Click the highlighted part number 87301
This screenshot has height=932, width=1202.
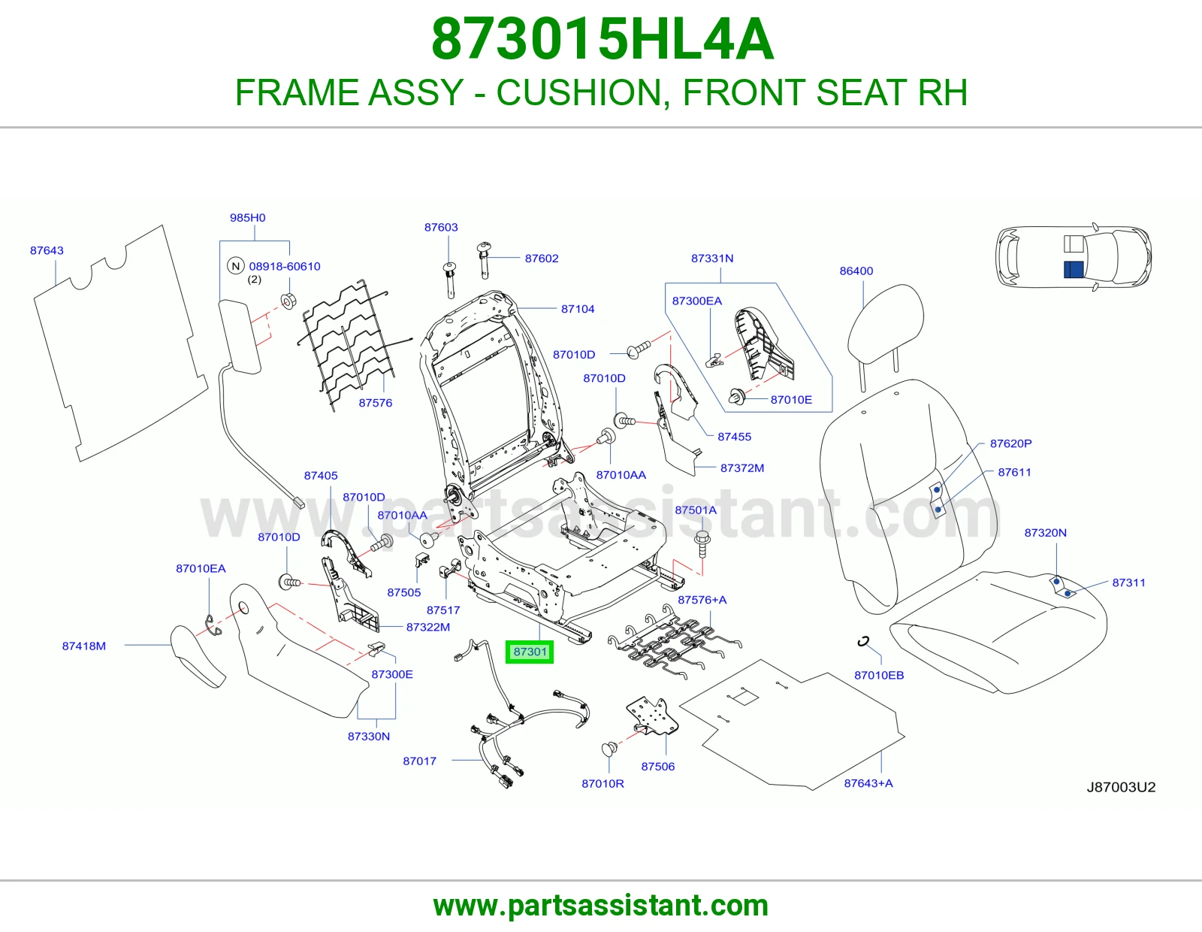tap(530, 652)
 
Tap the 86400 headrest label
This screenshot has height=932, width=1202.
tap(856, 271)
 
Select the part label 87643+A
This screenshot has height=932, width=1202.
tap(868, 783)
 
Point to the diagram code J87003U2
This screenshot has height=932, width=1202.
tap(1121, 787)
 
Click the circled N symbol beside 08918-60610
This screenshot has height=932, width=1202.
tap(236, 266)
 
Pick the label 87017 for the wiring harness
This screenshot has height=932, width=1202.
tap(419, 761)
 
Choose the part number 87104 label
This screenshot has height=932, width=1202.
tap(578, 309)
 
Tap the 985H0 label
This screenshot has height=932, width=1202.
tap(247, 217)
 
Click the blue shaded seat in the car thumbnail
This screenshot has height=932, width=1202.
tap(1074, 270)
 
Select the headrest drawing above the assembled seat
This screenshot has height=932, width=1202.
tap(885, 326)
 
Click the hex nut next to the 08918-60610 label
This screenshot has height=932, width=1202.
tap(288, 301)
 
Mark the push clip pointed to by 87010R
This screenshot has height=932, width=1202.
tap(609, 749)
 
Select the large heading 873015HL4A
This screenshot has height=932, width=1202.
tap(602, 39)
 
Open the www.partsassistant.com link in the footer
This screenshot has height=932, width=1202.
tap(601, 906)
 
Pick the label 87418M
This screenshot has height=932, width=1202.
tap(83, 646)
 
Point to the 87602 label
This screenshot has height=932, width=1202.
tap(542, 259)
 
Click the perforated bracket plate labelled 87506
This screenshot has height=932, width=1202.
tap(653, 717)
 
